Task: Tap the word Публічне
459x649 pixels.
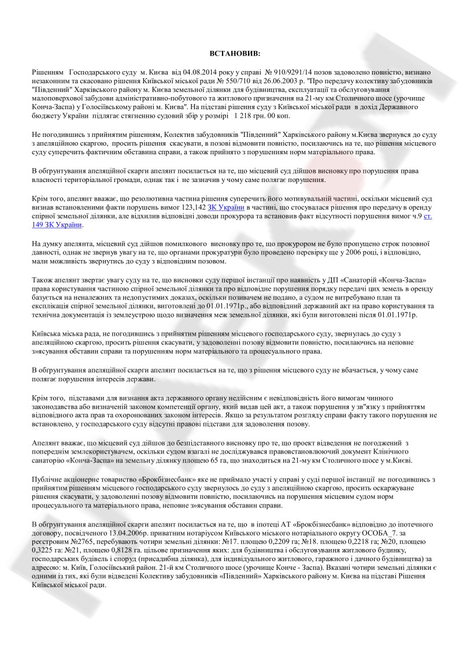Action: [x=48, y=480]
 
